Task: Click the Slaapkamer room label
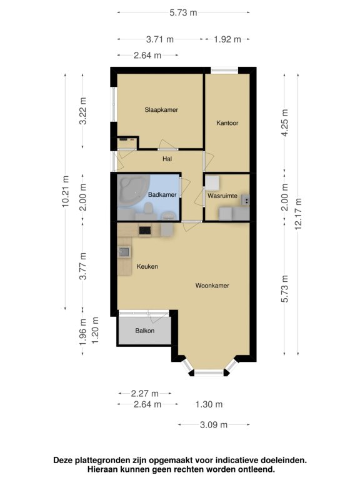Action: [x=161, y=109]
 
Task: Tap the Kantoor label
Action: [x=227, y=123]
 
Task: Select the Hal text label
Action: [x=167, y=159]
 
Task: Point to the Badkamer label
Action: [x=162, y=195]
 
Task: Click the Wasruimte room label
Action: [x=222, y=196]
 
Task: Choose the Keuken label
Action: [x=147, y=266]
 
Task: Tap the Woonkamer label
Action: [x=212, y=286]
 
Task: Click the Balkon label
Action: [x=145, y=331]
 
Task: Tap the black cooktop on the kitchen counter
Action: [x=145, y=230]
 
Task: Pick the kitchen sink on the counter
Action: [x=124, y=252]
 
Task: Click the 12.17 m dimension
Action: [x=298, y=214]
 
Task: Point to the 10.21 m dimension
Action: [x=65, y=192]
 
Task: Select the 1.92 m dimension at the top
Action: [x=227, y=39]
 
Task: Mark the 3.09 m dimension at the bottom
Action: [x=214, y=424]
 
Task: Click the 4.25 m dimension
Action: [x=285, y=122]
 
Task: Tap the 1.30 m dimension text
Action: [x=209, y=404]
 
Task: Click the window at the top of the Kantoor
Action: [x=224, y=71]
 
